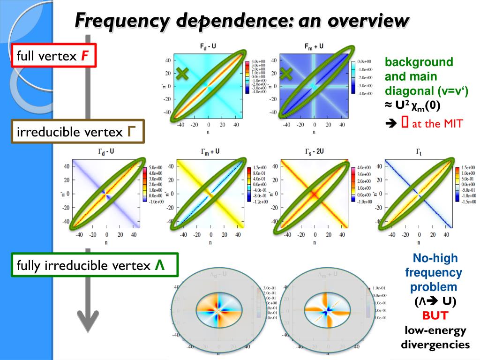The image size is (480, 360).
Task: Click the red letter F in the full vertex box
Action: coord(85,57)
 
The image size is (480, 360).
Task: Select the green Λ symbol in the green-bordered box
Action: coord(160,265)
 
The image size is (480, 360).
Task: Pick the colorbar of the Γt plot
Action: coord(457,184)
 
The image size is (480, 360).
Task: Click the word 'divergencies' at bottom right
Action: coord(435,345)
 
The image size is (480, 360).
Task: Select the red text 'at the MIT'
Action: coord(437,124)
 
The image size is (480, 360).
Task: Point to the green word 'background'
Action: coord(412,62)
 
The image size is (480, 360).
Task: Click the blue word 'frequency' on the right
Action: coord(434,272)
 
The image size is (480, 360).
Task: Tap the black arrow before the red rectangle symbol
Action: coord(390,124)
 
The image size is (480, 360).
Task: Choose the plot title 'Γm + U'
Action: coord(210,152)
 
